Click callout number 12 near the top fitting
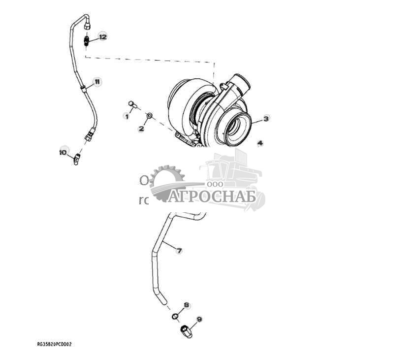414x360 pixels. tap(102, 36)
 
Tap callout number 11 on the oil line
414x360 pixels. tap(97, 81)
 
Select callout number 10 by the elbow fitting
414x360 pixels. tap(63, 152)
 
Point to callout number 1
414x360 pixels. tap(127, 116)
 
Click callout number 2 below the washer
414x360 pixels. tap(141, 129)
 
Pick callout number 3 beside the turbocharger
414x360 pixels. tap(266, 118)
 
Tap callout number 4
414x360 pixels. tap(260, 143)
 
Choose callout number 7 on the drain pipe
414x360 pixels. tap(179, 251)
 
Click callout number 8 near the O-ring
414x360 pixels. tap(187, 306)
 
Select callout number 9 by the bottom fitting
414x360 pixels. tap(199, 320)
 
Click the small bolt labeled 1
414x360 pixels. tap(132, 103)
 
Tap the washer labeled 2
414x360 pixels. tap(149, 116)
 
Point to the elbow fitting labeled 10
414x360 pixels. tap(76, 160)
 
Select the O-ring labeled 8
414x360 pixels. tap(175, 316)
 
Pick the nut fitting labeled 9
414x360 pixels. tap(186, 331)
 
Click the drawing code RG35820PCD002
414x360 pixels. tap(54, 344)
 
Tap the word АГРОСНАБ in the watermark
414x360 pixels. tap(213, 196)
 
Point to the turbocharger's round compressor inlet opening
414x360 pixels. tap(238, 129)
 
